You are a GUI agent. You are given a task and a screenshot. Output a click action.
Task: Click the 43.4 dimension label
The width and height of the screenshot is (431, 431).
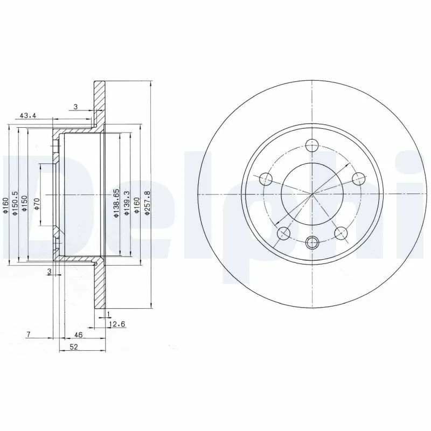pyautogui.click(x=29, y=115)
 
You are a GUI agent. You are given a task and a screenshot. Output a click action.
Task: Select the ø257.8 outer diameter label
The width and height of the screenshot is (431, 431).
pyautogui.click(x=148, y=204)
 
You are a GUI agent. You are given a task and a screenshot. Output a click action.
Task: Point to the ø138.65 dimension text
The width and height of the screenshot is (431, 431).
pyautogui.click(x=116, y=204)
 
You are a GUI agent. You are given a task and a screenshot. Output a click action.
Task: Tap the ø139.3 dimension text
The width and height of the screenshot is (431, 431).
pyautogui.click(x=127, y=204)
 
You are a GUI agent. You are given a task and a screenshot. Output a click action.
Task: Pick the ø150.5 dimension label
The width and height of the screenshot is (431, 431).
pyautogui.click(x=15, y=204)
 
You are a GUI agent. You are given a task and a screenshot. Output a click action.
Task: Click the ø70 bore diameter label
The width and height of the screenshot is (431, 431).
pyautogui.click(x=37, y=205)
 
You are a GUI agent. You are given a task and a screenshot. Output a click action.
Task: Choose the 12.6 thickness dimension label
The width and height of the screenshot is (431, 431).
pyautogui.click(x=117, y=324)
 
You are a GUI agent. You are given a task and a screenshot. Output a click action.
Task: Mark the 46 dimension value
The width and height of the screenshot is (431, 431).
pyautogui.click(x=78, y=335)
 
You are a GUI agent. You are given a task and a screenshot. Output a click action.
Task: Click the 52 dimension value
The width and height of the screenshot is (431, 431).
pyautogui.click(x=74, y=347)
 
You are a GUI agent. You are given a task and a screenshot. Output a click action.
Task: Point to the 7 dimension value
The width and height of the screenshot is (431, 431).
pyautogui.click(x=28, y=335)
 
